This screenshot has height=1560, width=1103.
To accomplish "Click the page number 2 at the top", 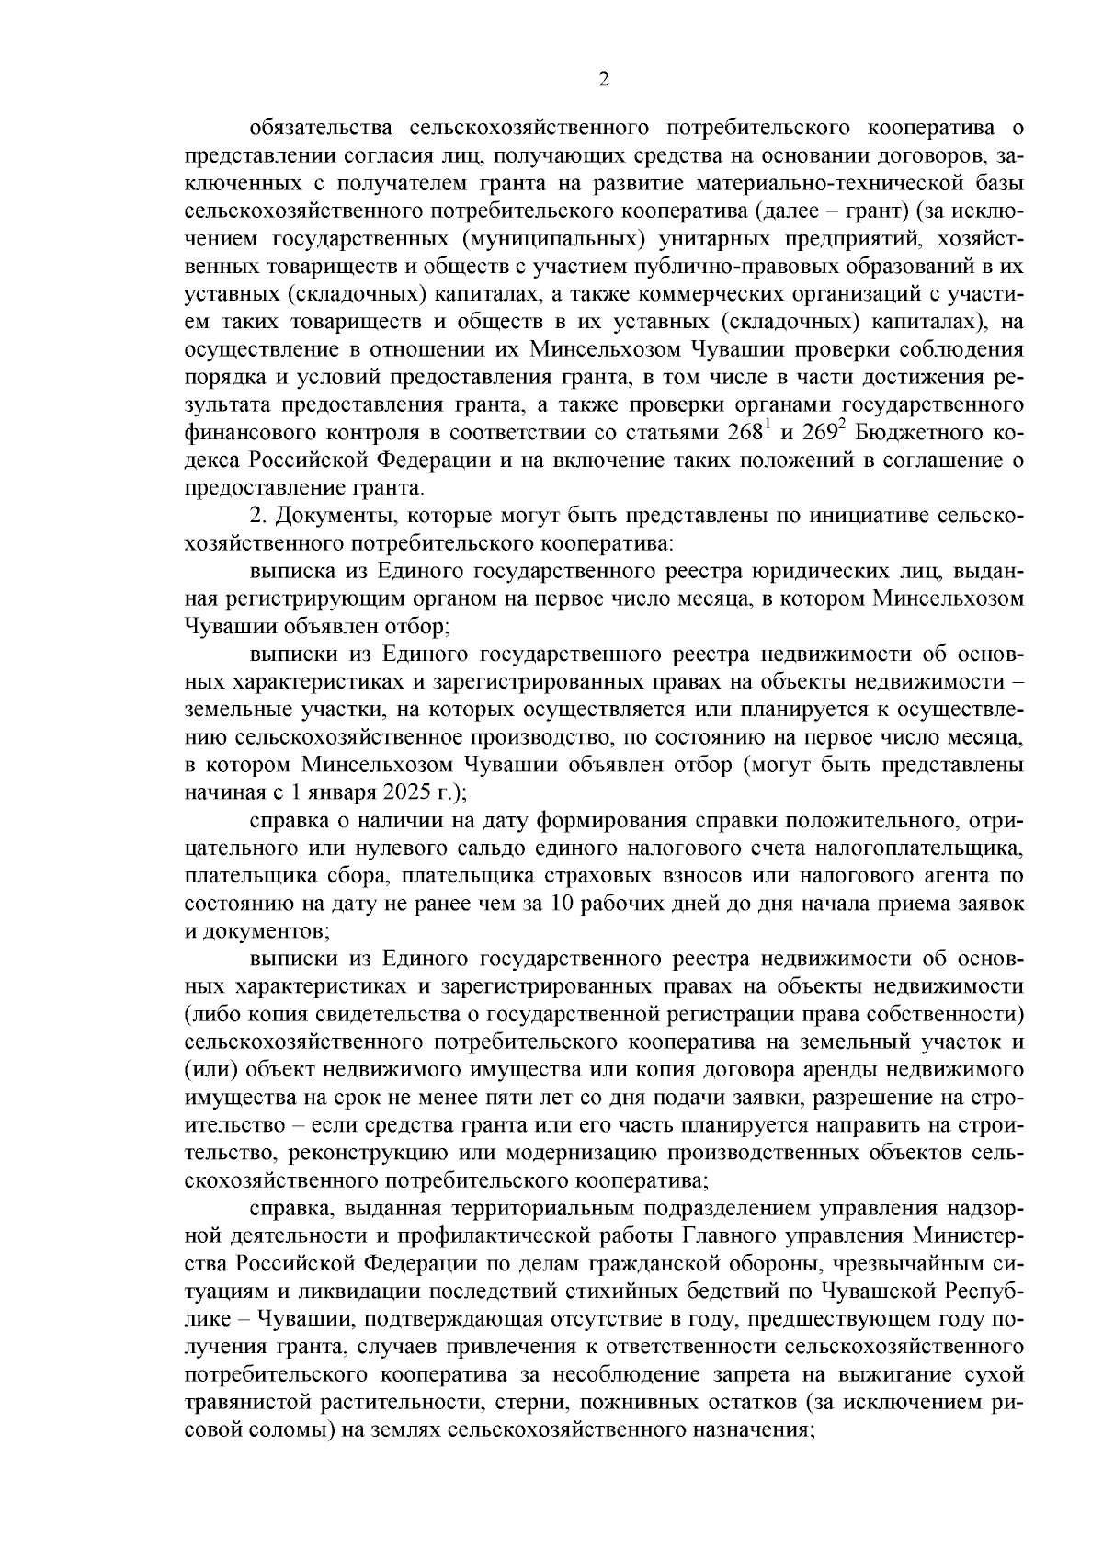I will pos(603,80).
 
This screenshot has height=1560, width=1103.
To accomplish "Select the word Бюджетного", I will pos(915,434).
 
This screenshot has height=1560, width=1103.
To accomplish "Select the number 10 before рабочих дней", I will pos(561,904).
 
